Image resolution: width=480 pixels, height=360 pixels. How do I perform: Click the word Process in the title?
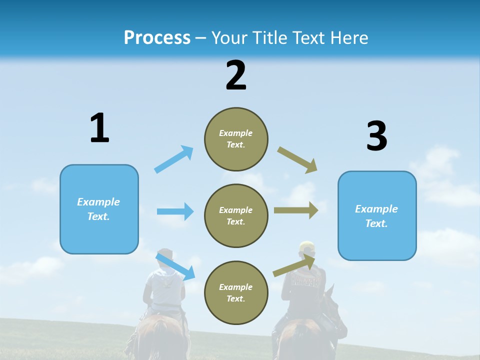[157, 38]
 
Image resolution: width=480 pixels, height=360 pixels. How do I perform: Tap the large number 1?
[99, 128]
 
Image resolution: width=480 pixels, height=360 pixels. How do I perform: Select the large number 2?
[236, 75]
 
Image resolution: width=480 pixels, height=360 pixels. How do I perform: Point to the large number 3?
[376, 136]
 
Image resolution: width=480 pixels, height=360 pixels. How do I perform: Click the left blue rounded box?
[99, 209]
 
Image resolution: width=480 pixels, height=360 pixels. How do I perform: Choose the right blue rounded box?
[377, 216]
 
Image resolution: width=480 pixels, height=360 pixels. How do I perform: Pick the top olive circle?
[236, 139]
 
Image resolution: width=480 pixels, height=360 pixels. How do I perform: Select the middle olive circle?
[236, 216]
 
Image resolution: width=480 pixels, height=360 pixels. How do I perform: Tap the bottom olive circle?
[236, 292]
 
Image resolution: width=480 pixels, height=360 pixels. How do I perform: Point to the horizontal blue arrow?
[175, 211]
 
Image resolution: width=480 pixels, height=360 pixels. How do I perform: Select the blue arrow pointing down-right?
[175, 266]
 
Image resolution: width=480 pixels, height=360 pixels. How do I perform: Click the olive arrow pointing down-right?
[297, 160]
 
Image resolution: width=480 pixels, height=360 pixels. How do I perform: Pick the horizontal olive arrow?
[296, 210]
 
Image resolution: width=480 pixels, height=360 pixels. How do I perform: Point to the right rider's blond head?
[306, 248]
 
